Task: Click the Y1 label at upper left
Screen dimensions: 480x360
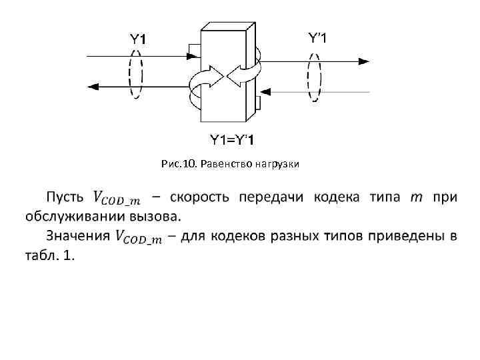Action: (x=137, y=39)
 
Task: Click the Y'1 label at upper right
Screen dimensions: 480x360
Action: (x=317, y=37)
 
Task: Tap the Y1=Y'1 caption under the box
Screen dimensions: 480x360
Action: (x=231, y=139)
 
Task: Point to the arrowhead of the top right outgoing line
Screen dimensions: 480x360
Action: (x=363, y=61)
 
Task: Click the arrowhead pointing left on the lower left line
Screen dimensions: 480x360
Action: (x=93, y=85)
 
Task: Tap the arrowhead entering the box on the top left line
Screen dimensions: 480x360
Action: (x=194, y=56)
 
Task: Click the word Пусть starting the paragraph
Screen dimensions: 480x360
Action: (x=65, y=197)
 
